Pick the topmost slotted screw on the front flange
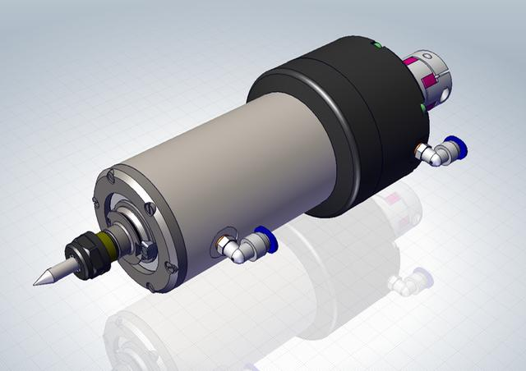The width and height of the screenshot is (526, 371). point(109,173)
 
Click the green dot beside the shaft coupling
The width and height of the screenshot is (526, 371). point(422,107)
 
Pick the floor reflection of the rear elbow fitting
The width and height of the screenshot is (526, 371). point(408,283)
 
